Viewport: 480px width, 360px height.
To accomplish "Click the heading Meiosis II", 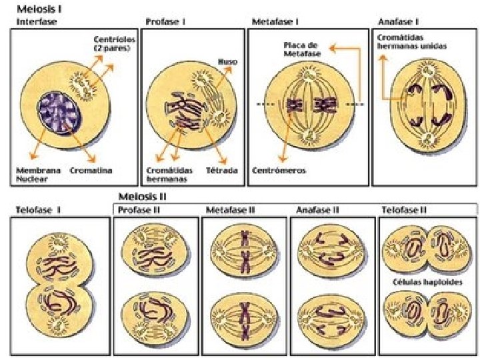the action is (142, 197).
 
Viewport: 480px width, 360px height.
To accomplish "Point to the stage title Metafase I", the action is (275, 21).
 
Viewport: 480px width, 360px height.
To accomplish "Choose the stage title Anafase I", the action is (399, 21).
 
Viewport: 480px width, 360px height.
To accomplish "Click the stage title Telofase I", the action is (39, 210).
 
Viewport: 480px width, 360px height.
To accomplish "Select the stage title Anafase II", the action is (318, 210).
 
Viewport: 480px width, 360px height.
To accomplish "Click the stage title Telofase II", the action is (404, 210).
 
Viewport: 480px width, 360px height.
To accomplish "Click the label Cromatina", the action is (91, 170).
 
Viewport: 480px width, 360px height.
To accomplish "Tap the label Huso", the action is (227, 61).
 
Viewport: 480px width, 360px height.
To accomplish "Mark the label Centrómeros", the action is (279, 170).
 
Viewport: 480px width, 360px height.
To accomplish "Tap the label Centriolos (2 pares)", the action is (114, 44).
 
